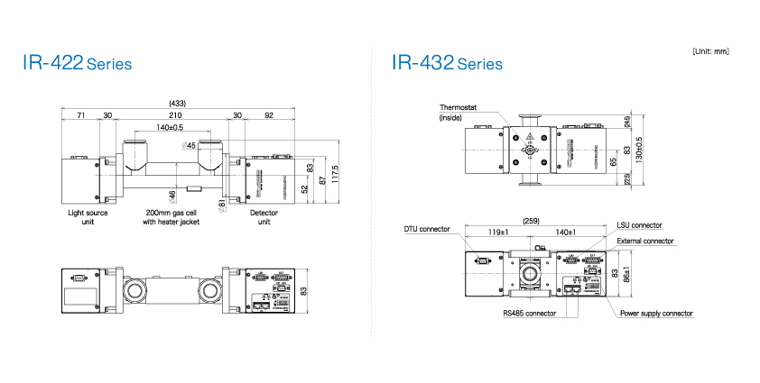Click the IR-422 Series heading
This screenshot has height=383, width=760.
78,64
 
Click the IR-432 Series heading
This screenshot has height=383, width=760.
447,64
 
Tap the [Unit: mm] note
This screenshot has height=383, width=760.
710,51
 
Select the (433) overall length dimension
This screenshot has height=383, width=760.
177,103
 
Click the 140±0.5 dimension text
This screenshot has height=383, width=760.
171,128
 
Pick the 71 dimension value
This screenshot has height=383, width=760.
80,115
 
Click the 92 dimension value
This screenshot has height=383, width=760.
268,115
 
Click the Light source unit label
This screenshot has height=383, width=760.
88,216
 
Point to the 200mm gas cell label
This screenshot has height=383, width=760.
171,216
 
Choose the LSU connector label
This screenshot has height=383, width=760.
639,224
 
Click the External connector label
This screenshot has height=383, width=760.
645,241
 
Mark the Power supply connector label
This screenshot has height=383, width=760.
656,314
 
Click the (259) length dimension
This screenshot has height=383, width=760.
531,220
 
